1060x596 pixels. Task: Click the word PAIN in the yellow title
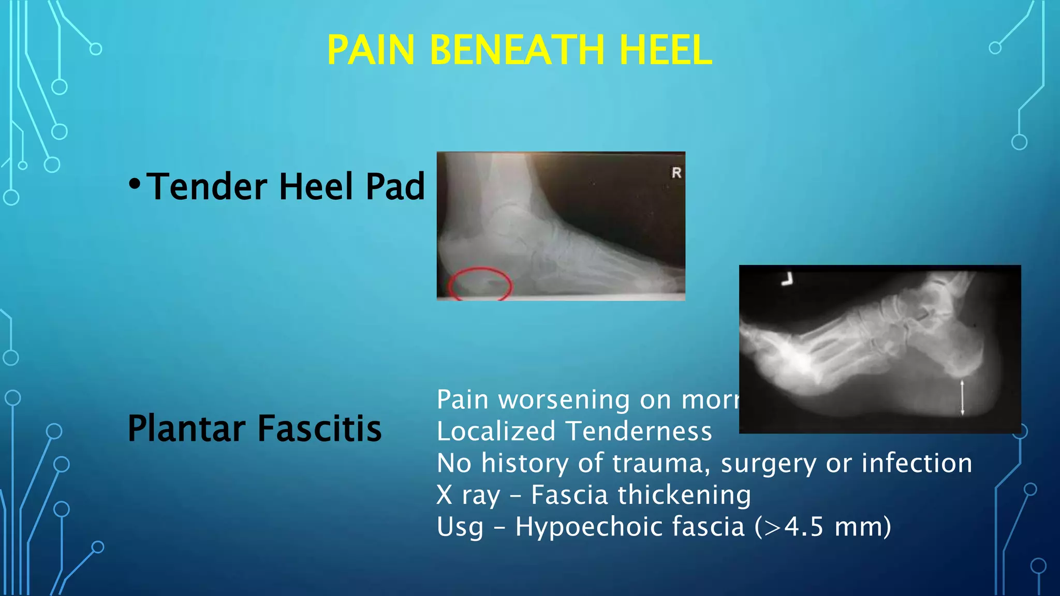(371, 50)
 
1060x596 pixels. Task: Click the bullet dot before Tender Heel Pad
(135, 184)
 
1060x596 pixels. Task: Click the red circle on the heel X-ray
(480, 283)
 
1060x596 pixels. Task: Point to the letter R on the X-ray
(676, 173)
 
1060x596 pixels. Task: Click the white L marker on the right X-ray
(787, 280)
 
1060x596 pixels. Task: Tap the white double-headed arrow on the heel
(962, 397)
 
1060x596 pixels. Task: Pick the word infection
(917, 463)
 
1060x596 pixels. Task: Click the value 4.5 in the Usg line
(803, 527)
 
